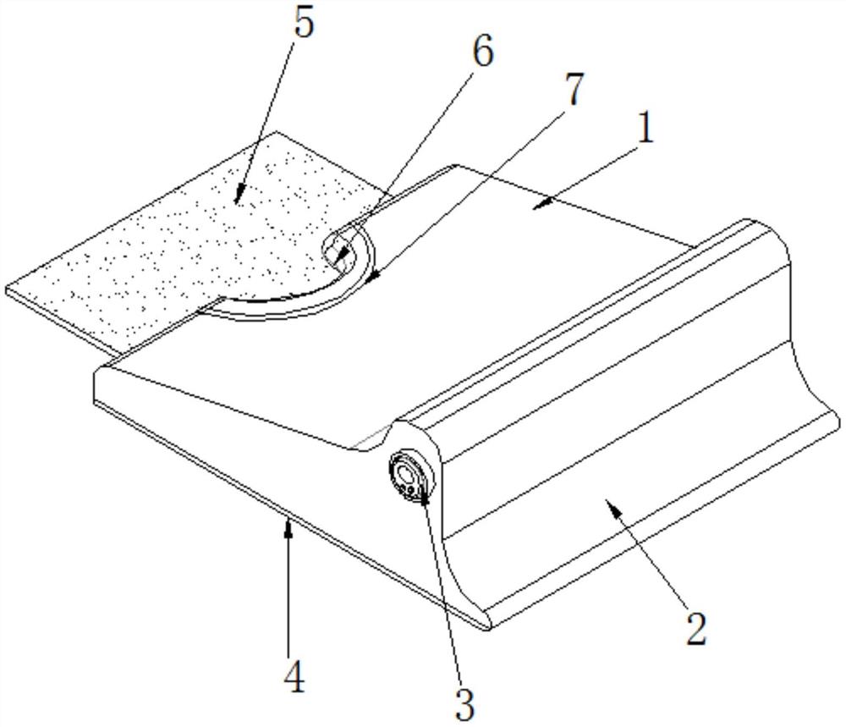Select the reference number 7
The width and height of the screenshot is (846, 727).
point(573,90)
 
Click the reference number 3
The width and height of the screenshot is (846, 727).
point(464,705)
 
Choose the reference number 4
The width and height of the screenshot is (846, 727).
point(294,677)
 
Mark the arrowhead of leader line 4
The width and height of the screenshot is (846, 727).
point(289,526)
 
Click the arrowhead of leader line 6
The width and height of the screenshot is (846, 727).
point(338,261)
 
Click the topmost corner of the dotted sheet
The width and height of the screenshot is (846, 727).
point(277,132)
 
